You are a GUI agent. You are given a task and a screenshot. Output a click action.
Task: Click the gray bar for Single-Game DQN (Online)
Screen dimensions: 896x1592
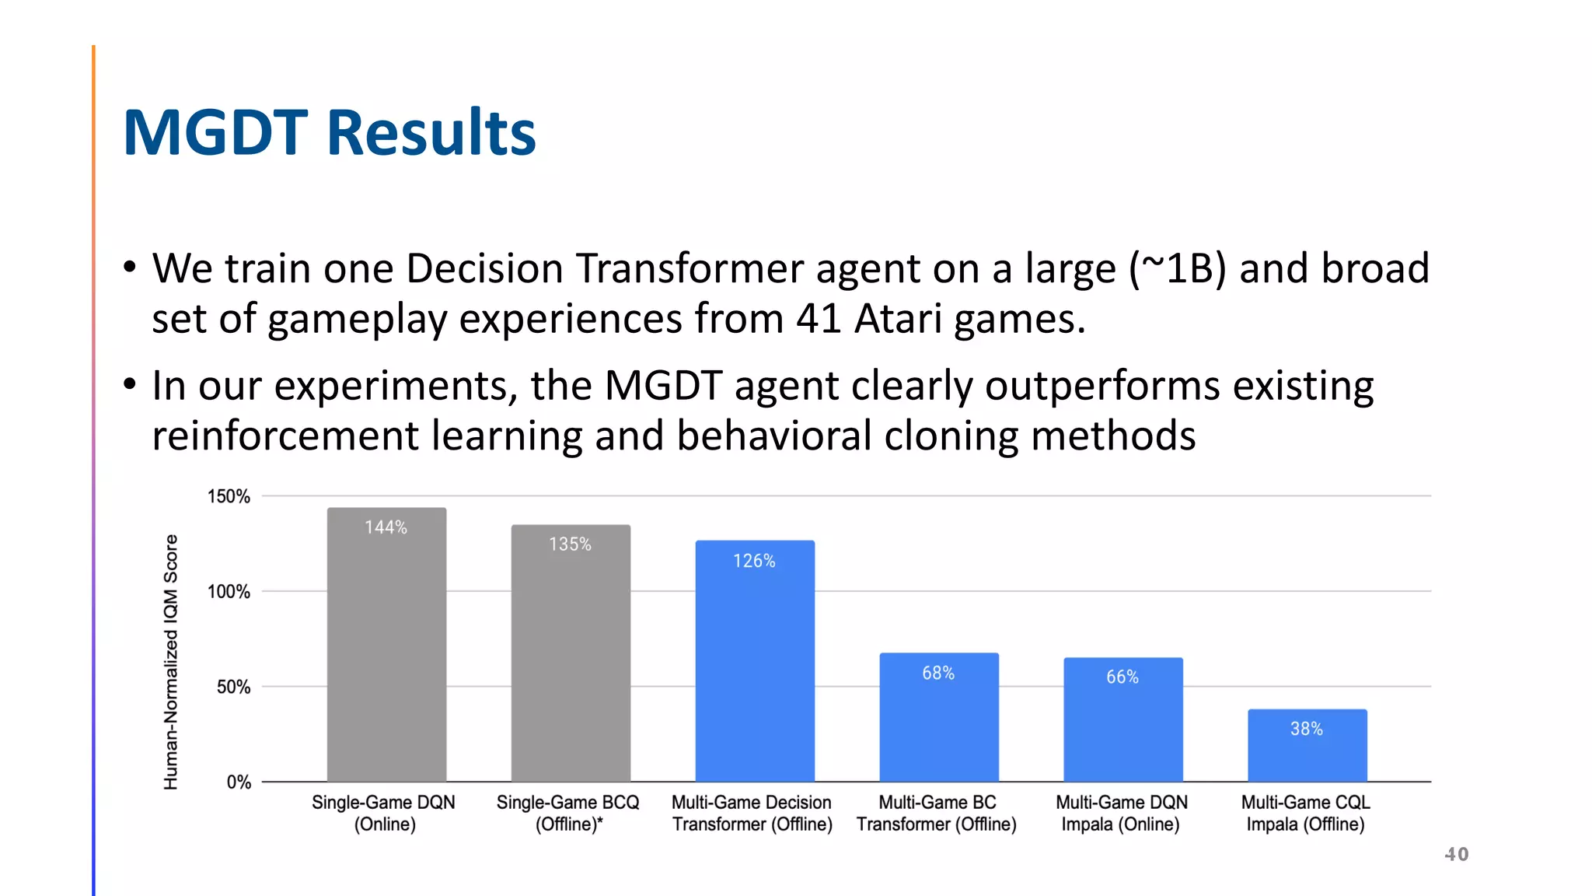tap(386, 653)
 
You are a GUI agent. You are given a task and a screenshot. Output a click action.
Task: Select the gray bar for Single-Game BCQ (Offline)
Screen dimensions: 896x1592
tap(571, 661)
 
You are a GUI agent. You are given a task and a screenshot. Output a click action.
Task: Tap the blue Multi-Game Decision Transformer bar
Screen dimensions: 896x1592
tap(755, 669)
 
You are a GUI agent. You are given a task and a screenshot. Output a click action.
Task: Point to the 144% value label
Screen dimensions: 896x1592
tap(386, 527)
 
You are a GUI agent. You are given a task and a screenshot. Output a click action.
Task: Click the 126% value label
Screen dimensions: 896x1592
tap(754, 561)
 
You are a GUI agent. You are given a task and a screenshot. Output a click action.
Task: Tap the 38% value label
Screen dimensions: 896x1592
tap(1307, 729)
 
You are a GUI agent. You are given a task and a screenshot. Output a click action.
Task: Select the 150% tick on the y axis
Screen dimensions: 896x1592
tap(229, 496)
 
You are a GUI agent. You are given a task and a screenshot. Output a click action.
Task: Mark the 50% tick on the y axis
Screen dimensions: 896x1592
tap(233, 687)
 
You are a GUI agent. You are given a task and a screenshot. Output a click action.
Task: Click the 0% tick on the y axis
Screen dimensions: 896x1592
tap(239, 782)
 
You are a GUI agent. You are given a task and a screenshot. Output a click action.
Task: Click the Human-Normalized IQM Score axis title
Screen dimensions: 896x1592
tap(171, 661)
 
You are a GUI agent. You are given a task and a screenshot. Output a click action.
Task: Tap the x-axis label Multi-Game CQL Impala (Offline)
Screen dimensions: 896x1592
tap(1306, 813)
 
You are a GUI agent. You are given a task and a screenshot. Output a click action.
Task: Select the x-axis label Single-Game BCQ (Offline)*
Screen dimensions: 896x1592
tap(568, 813)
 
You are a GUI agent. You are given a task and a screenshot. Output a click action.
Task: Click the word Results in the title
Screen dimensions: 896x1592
tap(431, 132)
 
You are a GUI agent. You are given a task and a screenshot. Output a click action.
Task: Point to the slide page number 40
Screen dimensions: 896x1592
tap(1457, 854)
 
